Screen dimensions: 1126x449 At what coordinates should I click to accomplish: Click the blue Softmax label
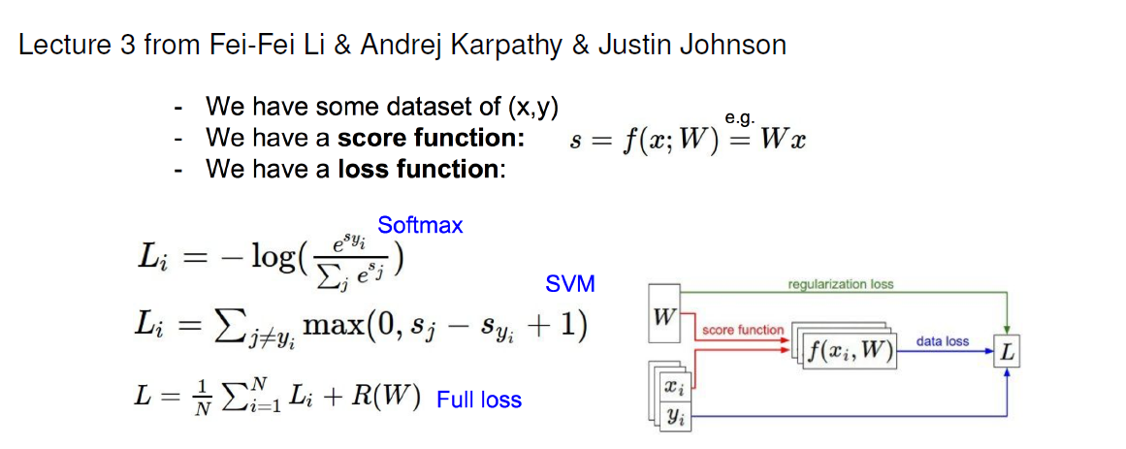(x=420, y=226)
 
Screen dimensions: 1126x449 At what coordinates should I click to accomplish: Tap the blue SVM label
(x=571, y=284)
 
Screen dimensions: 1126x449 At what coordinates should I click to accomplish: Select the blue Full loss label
(x=479, y=399)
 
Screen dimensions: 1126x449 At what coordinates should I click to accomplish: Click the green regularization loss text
(x=840, y=284)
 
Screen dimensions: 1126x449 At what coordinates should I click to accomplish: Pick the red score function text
(x=743, y=331)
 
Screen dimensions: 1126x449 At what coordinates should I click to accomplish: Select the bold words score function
(x=431, y=138)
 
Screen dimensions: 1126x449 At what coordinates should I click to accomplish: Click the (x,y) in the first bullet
(x=532, y=107)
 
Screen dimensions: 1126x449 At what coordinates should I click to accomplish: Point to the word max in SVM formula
(x=334, y=327)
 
